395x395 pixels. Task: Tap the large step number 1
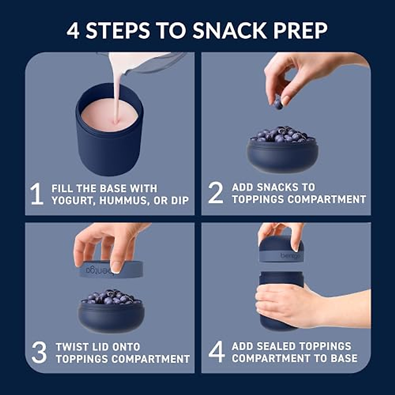pyautogui.click(x=37, y=194)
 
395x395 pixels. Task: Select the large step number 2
pyautogui.click(x=216, y=193)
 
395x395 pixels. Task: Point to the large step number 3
pyautogui.click(x=39, y=353)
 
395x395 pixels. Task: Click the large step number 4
pyautogui.click(x=217, y=352)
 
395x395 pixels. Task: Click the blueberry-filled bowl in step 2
pyautogui.click(x=282, y=153)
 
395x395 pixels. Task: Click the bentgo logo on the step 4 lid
pyautogui.click(x=291, y=256)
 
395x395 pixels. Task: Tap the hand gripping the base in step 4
pyautogui.click(x=283, y=304)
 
